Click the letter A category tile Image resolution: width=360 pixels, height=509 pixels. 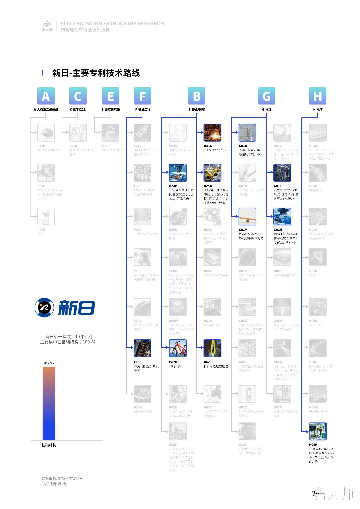46,96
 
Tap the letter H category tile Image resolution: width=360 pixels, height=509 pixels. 318,96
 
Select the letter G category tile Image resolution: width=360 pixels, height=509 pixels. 266,96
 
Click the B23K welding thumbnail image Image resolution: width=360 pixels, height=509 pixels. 212,133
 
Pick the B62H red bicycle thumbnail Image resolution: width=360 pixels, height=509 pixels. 177,348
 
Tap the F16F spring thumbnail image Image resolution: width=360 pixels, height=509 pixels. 142,348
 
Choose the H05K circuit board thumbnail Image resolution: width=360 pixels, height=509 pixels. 317,431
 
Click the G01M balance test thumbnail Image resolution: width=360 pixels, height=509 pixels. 247,217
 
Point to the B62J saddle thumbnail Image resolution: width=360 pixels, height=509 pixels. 212,348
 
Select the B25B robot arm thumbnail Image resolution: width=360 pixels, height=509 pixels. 212,173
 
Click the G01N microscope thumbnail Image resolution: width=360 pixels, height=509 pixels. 282,217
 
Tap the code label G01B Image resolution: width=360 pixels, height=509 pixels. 243,146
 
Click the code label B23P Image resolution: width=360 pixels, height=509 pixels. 173,186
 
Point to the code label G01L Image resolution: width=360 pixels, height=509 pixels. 277,186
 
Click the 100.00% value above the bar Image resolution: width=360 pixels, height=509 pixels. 49,363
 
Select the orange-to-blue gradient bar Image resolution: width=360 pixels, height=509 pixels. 49,403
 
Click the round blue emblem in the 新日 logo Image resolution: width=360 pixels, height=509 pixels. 44,307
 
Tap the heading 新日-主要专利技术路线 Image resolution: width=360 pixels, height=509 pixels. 96,73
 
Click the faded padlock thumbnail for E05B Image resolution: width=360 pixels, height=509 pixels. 110,133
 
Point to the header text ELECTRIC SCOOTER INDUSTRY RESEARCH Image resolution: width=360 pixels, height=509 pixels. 112,24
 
